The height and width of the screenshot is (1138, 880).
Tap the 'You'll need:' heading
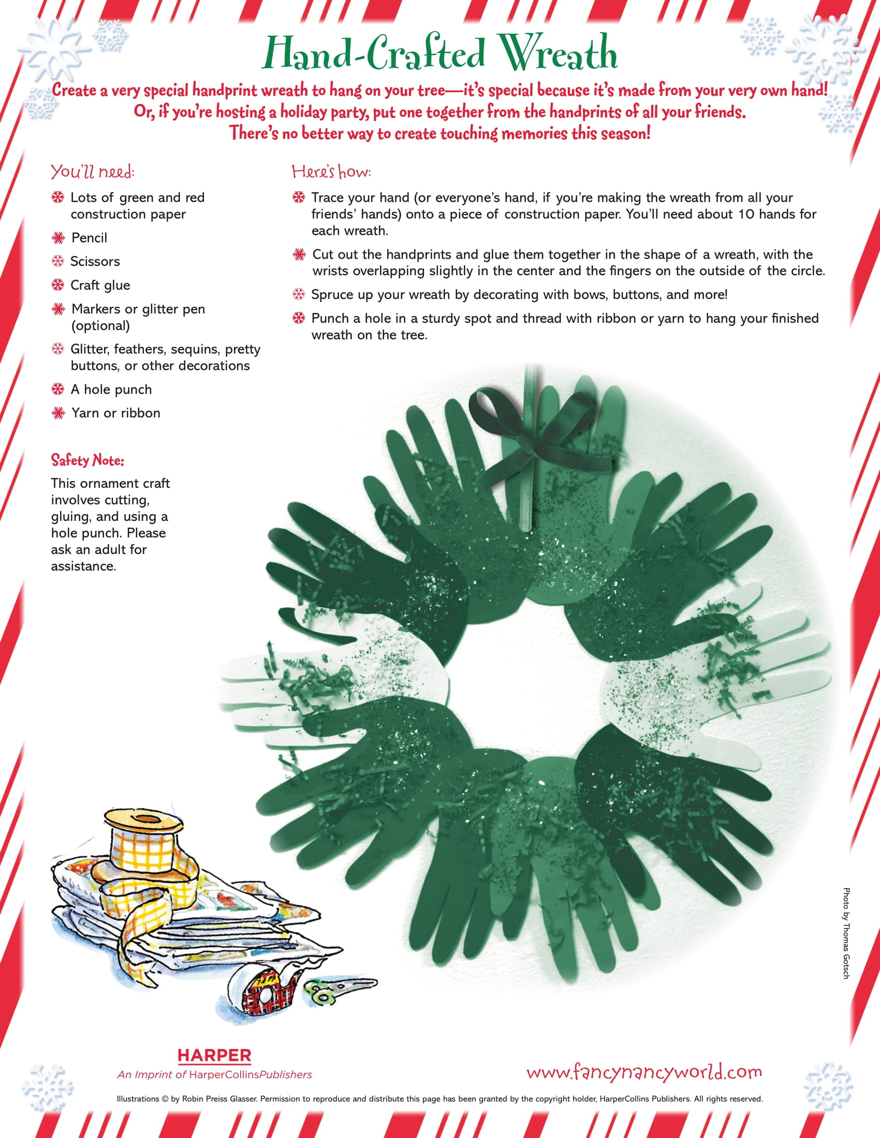point(92,172)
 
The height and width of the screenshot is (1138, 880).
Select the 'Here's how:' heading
point(331,172)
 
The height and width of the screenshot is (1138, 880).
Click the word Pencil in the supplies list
point(89,238)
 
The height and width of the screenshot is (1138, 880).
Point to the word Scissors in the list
point(95,262)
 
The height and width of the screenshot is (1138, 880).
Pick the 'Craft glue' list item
point(100,285)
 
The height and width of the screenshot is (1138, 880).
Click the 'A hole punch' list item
point(111,389)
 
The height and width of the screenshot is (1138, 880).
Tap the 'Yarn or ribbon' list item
point(116,413)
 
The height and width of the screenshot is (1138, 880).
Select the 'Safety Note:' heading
point(87,460)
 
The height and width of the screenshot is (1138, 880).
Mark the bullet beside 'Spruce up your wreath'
point(298,294)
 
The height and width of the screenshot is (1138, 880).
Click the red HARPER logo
point(214,1056)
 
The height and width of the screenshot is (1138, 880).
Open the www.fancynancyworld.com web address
point(644,1072)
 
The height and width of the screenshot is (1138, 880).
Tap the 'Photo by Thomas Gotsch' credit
point(846,933)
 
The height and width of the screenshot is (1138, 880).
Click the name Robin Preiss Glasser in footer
point(219,1099)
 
